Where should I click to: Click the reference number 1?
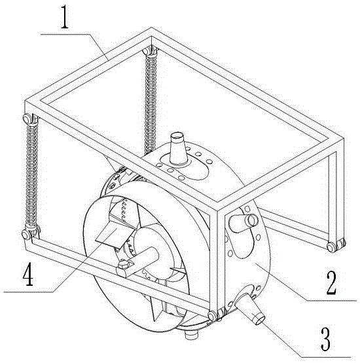pyautogui.click(x=65, y=18)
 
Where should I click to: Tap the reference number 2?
pyautogui.click(x=331, y=283)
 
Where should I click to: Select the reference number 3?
pyautogui.click(x=325, y=339)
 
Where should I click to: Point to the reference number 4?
pyautogui.click(x=28, y=275)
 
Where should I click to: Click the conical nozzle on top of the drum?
pyautogui.click(x=178, y=148)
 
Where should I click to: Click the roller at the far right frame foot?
pyautogui.click(x=332, y=247)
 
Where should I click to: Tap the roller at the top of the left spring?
pyautogui.click(x=27, y=118)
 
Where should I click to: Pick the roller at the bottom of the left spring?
pyautogui.click(x=26, y=234)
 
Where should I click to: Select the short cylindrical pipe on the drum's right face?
pyautogui.click(x=243, y=222)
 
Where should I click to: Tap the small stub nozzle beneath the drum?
pyautogui.click(x=192, y=334)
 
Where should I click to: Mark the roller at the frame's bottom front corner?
pyautogui.click(x=213, y=316)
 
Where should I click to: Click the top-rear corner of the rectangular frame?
pyautogui.click(x=151, y=28)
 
